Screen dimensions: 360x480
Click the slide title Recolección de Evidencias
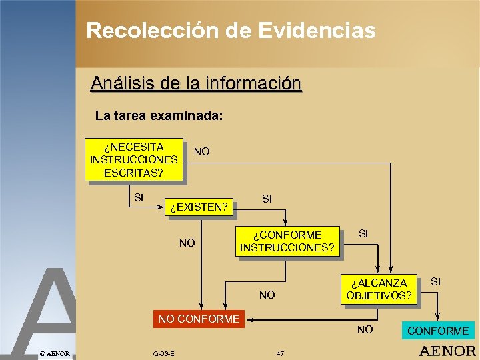(231, 31)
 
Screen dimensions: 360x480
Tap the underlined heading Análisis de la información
(196, 83)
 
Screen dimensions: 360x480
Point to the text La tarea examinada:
(159, 115)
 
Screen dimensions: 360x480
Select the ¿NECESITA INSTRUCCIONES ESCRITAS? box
(133, 159)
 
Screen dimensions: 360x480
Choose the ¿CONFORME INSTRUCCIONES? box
(287, 241)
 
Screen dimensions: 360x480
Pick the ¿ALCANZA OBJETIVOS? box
(379, 289)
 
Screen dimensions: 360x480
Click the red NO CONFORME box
(199, 319)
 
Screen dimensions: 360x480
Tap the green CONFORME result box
(437, 331)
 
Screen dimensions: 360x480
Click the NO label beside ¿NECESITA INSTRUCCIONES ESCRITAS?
(201, 152)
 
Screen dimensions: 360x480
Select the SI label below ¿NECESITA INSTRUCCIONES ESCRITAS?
(139, 197)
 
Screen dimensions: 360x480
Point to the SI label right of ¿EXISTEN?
(267, 199)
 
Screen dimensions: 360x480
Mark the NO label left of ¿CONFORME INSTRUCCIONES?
(187, 243)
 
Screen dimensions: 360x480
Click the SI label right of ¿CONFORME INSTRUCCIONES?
(363, 233)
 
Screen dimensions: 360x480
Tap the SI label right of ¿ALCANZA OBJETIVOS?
(435, 281)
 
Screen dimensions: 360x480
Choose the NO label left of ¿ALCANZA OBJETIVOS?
(267, 295)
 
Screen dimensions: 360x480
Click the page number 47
(280, 353)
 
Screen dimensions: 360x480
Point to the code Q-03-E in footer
(163, 353)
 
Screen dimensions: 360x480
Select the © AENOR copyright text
(54, 353)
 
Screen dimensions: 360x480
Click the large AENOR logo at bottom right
(447, 351)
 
